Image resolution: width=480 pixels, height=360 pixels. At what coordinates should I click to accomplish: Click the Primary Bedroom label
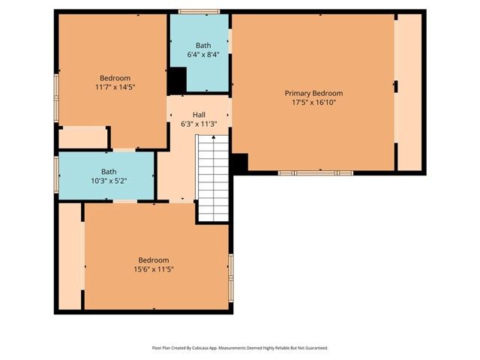click(x=313, y=93)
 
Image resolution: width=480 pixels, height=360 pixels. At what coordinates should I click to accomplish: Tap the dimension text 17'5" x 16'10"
click(x=313, y=103)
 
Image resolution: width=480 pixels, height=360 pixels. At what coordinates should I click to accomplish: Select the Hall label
click(x=199, y=115)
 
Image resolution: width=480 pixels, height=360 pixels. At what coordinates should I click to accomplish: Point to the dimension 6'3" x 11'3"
click(x=199, y=124)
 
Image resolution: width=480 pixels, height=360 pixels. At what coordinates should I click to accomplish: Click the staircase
click(x=213, y=177)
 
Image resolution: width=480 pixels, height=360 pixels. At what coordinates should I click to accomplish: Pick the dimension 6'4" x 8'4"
click(x=202, y=55)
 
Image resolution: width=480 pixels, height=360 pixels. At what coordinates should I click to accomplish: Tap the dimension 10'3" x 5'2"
click(x=109, y=181)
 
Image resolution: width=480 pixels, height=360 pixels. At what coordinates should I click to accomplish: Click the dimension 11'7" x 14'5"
click(x=115, y=88)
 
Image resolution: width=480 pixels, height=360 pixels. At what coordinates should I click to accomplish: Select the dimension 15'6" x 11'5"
click(x=156, y=269)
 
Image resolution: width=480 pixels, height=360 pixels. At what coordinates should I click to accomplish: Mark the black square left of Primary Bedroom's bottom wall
click(x=239, y=163)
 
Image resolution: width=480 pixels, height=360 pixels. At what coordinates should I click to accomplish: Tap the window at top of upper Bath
click(x=199, y=11)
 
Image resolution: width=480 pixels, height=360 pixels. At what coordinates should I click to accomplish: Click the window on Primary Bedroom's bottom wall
click(x=315, y=172)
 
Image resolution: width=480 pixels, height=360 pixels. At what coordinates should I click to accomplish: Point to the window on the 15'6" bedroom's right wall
click(x=231, y=271)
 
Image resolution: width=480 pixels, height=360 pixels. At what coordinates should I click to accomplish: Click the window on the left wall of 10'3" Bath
click(x=56, y=174)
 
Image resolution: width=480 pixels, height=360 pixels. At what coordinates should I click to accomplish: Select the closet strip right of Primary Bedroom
click(x=409, y=91)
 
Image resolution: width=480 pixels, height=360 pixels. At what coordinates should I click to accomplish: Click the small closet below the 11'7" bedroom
click(x=82, y=137)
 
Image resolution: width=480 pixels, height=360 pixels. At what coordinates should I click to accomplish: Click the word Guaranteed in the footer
click(x=313, y=348)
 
